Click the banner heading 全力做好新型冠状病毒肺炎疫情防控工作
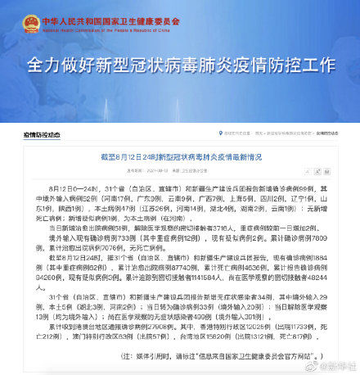[x=180, y=63]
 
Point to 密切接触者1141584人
[x=179, y=299]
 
